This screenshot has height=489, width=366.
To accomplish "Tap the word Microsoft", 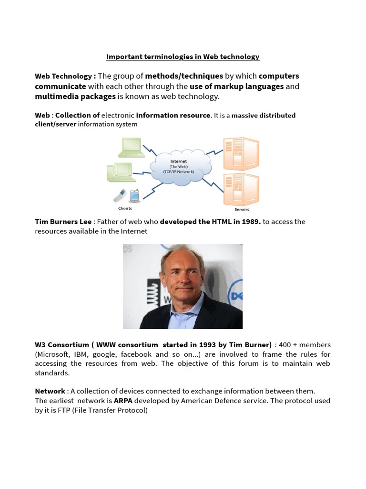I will pos(55,354).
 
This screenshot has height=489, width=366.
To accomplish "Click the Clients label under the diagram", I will pos(125,208).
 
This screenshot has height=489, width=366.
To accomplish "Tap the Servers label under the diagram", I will pos(242,210).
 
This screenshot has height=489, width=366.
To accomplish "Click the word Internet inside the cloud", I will pos(179,161).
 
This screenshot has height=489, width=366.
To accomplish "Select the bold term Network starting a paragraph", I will pos(50,391).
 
